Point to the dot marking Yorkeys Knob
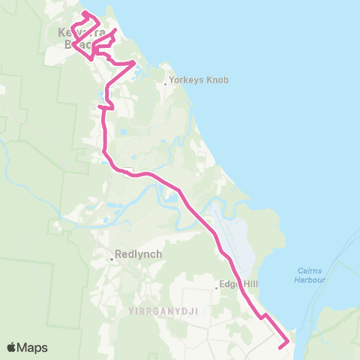point(166,84)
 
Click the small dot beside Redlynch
point(112,259)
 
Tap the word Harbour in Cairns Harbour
point(309,280)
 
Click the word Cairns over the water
point(307,271)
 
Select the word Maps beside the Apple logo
point(33,347)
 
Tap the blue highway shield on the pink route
point(101,94)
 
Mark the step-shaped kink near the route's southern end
point(263,316)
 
